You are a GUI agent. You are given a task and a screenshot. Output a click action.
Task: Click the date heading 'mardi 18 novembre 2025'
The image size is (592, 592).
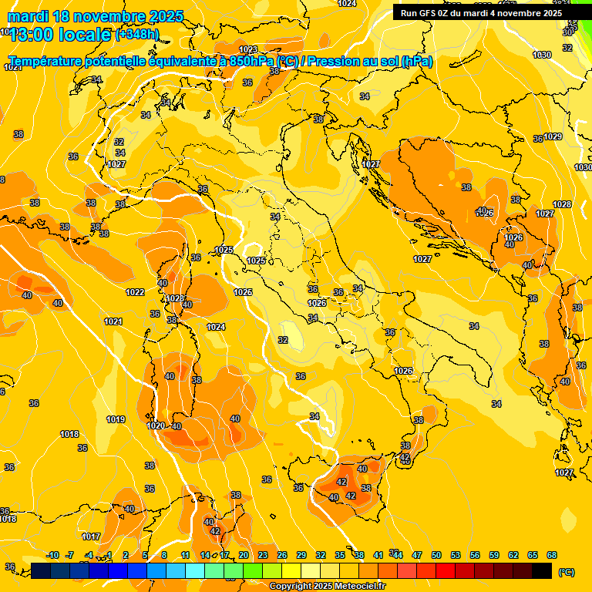tap(96, 16)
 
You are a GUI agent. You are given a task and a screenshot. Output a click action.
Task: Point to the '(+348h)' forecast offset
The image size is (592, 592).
tap(137, 34)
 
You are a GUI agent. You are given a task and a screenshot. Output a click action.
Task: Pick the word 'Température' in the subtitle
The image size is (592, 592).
tap(48, 62)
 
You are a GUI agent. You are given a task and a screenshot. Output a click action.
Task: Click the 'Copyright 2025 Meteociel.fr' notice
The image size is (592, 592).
tap(327, 586)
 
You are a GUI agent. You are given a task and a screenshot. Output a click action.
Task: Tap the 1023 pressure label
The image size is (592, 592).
tap(248, 49)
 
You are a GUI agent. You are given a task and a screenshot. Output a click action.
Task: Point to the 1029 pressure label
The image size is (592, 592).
tap(553, 136)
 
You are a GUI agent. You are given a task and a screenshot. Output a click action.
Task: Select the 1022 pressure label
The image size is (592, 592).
tap(135, 292)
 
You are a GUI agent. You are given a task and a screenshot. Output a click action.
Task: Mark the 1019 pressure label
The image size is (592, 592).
tap(116, 419)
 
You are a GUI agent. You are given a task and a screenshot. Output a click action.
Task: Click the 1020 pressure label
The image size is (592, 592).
tap(156, 425)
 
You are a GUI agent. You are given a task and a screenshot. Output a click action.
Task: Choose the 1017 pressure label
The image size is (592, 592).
tap(91, 536)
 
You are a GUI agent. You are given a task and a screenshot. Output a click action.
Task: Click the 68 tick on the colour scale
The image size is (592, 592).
tap(552, 555)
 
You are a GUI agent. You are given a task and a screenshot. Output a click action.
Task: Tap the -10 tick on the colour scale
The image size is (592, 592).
tap(53, 555)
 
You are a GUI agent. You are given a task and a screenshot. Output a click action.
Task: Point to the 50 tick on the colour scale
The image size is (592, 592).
tap(436, 555)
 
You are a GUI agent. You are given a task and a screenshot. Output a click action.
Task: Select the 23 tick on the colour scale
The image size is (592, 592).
tap(263, 555)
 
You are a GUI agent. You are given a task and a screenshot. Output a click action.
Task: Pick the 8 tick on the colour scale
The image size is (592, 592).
tap(164, 555)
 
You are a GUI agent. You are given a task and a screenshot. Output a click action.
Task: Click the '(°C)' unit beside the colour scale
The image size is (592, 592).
tap(566, 572)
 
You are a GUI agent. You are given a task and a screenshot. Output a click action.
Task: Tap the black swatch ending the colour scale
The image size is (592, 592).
tap(542, 570)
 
